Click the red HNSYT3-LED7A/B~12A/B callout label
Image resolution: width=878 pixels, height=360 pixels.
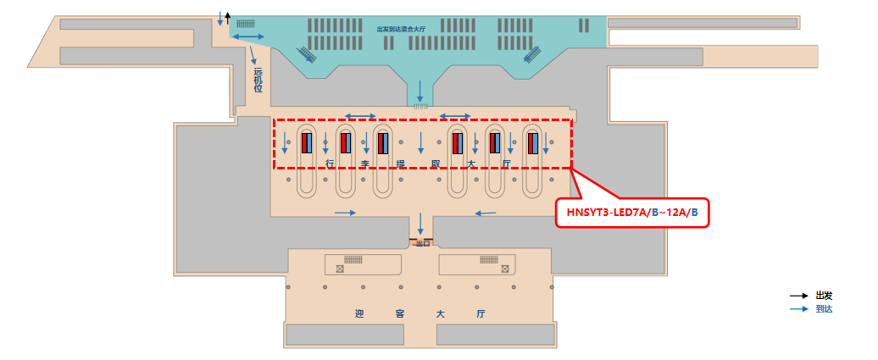(631, 212)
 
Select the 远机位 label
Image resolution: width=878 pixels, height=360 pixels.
(258, 80)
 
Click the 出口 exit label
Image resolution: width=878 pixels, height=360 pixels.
(420, 243)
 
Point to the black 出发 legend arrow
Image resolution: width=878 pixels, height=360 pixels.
(798, 296)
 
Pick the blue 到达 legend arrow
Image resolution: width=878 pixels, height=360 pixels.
(798, 309)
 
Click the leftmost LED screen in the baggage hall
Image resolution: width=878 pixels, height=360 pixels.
(305, 143)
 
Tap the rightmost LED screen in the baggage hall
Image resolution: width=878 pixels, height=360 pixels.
(533, 143)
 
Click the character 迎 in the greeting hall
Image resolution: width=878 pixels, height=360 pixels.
(359, 313)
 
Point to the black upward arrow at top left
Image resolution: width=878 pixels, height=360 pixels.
(227, 18)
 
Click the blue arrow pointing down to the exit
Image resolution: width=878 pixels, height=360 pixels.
(420, 224)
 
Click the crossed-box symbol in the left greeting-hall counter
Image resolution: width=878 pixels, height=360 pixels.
(339, 269)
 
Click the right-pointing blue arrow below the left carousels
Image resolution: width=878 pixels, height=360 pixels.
(346, 212)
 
